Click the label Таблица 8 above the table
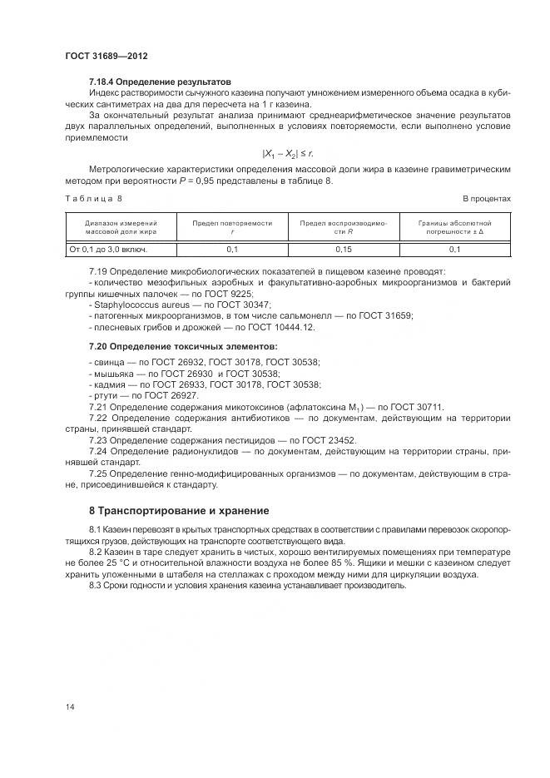tap(94, 199)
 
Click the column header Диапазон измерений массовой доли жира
tap(121, 228)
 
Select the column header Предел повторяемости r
tap(232, 228)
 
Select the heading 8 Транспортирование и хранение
tap(179, 510)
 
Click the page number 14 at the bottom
tap(69, 707)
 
